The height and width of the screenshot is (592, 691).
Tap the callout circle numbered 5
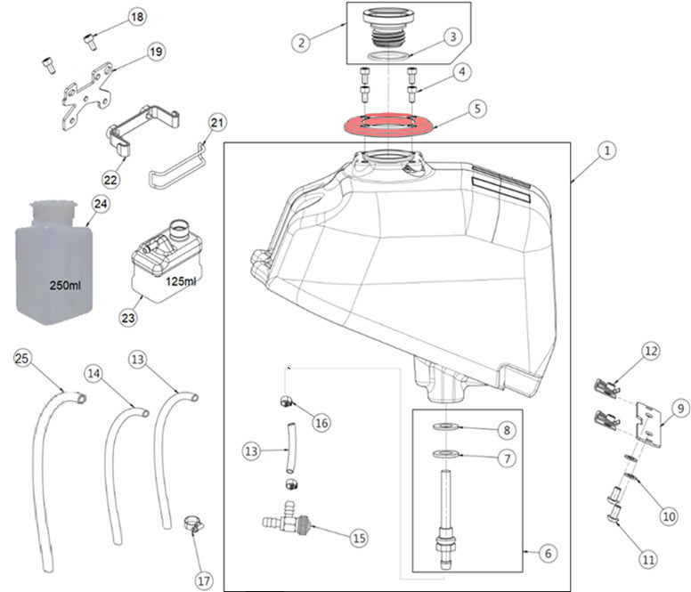[477, 109]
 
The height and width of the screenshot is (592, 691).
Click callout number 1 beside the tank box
[605, 152]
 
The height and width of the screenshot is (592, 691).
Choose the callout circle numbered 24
[100, 204]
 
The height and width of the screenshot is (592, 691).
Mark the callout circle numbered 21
[218, 122]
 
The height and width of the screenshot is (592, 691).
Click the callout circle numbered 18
[136, 18]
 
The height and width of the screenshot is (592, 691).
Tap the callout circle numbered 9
[680, 409]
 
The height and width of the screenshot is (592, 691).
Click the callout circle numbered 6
[547, 553]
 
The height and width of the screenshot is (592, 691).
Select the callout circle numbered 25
[21, 358]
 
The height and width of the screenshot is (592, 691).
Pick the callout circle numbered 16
[321, 423]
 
